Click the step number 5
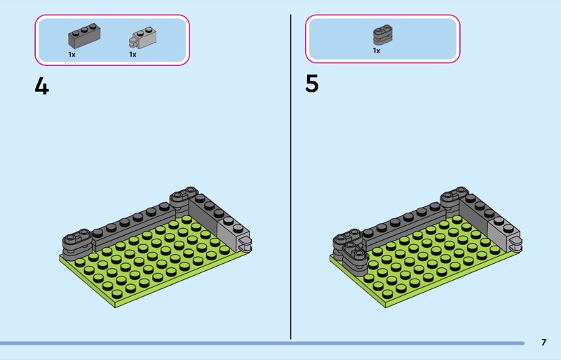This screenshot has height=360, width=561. click(312, 84)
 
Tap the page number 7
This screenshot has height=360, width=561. click(543, 342)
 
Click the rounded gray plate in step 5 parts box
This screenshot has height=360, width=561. click(382, 34)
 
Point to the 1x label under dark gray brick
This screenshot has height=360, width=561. click(72, 54)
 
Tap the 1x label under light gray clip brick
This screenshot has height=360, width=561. click(133, 54)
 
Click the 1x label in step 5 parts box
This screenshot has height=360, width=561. click(377, 51)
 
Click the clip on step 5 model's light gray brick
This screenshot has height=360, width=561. click(516, 245)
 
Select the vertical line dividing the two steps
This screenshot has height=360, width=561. click(290, 175)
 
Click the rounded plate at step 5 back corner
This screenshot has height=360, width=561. click(455, 193)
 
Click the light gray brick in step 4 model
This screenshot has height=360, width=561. click(230, 232)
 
